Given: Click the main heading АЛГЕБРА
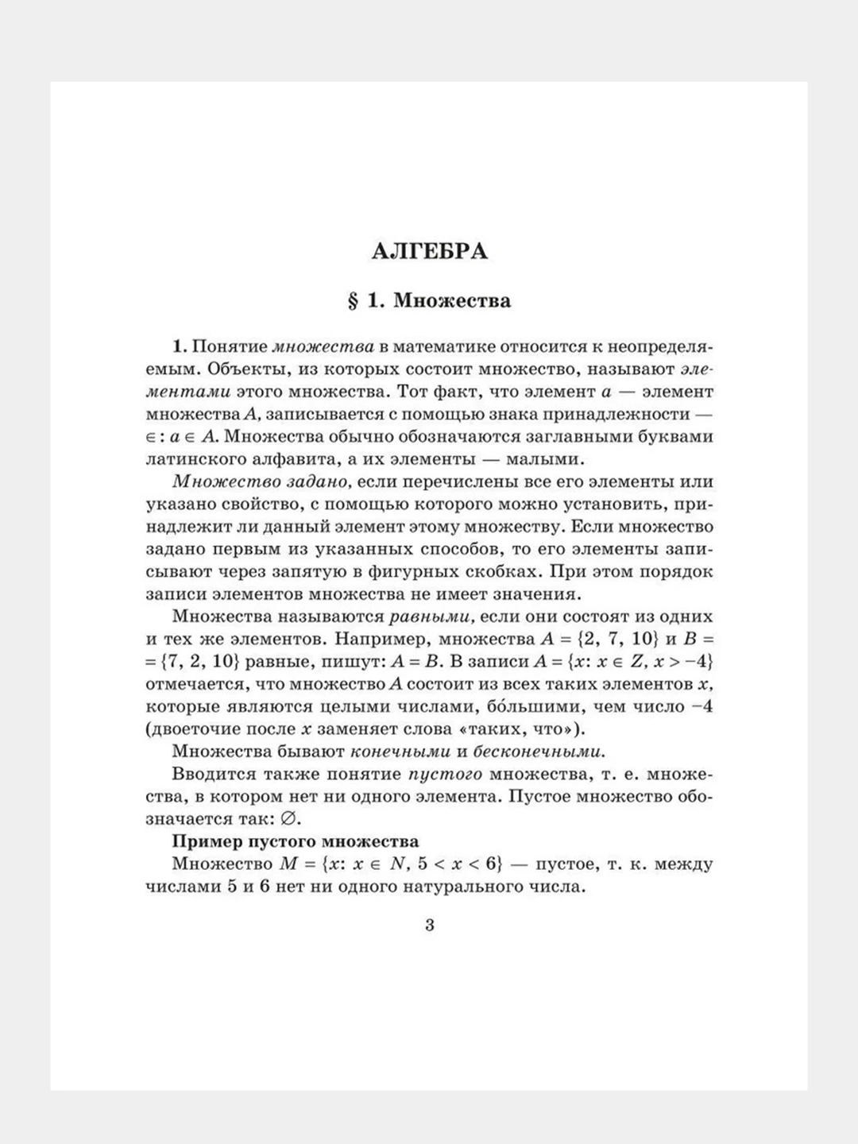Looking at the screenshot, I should (x=429, y=252).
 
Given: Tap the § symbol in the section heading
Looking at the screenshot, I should (x=354, y=301).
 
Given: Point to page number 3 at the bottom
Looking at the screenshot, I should (x=430, y=926).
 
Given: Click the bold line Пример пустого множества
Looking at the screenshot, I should (x=296, y=841).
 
